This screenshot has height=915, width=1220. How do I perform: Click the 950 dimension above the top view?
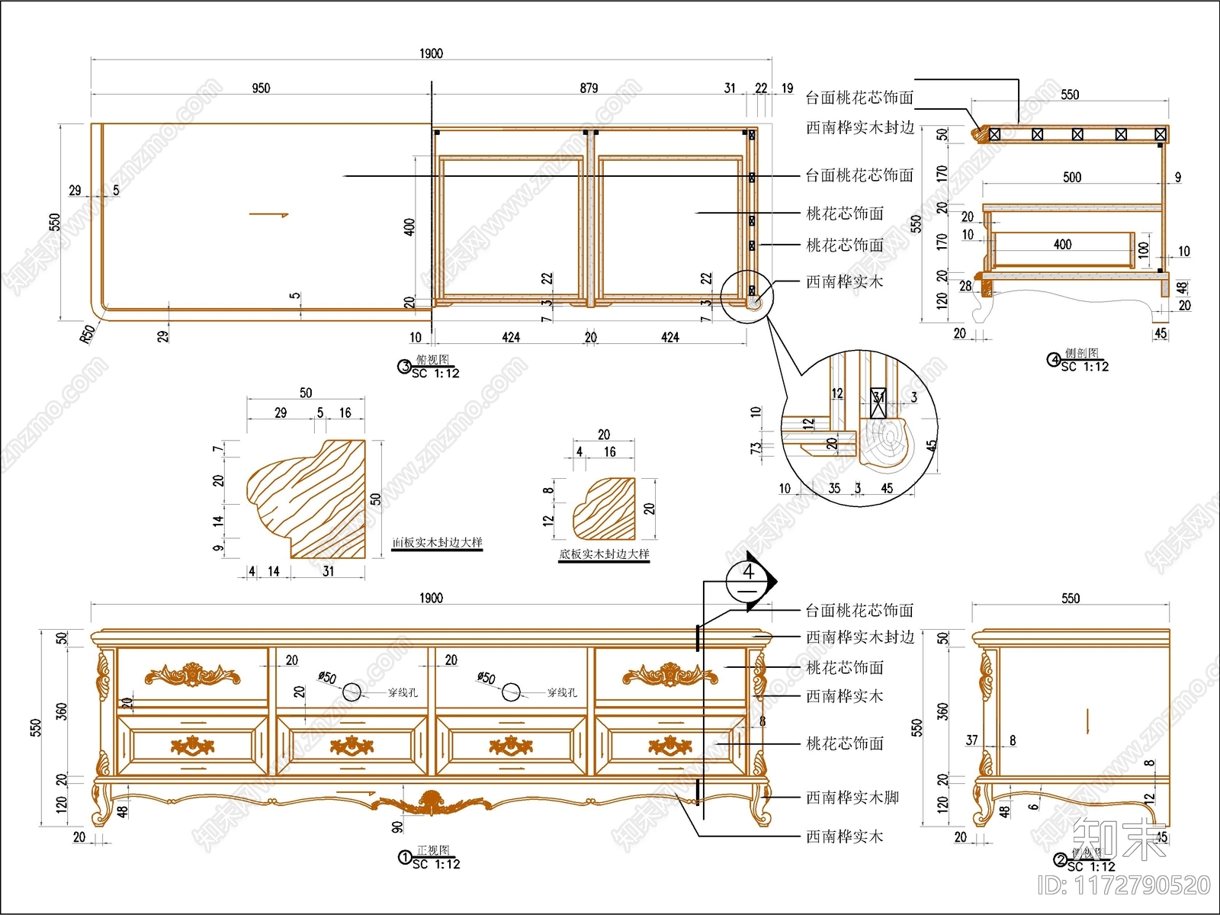(261, 88)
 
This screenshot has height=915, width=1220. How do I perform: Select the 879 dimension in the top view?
(589, 88)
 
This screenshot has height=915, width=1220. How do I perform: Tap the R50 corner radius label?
(88, 333)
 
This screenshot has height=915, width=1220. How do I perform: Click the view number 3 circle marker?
(405, 367)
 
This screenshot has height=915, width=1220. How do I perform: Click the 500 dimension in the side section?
(1072, 177)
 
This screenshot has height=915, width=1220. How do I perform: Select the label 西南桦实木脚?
(852, 798)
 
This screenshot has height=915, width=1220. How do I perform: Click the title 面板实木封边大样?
(437, 542)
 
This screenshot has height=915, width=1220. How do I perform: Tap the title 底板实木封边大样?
(604, 554)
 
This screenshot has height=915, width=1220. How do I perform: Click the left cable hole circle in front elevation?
(352, 692)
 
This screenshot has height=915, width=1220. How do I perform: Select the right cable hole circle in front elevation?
(511, 692)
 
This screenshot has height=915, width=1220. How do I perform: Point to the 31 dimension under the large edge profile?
(328, 570)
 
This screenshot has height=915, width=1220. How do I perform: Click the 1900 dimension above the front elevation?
(431, 598)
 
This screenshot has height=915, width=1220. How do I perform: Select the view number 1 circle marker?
(405, 857)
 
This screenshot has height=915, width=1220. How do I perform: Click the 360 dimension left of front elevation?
(62, 711)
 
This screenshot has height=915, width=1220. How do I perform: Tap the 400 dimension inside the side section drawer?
(1062, 245)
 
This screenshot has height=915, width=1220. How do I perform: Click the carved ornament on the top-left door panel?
(192, 675)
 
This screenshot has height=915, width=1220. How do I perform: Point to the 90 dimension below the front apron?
(397, 826)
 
